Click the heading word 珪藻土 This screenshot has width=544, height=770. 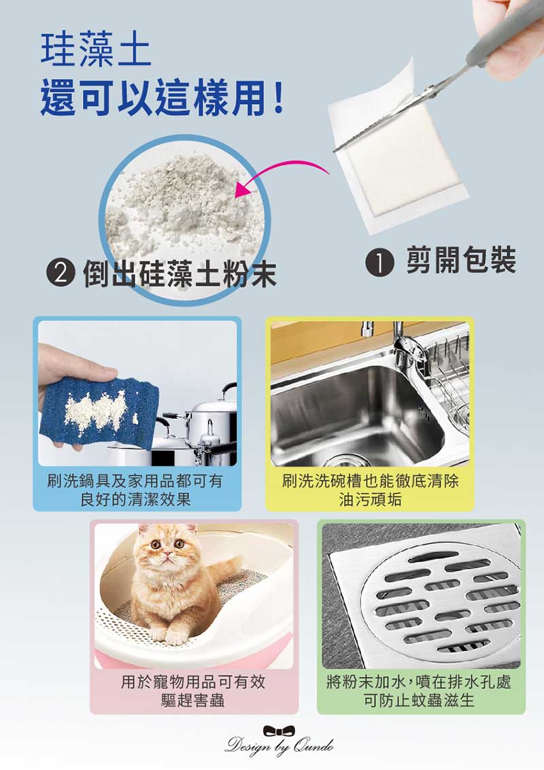96,49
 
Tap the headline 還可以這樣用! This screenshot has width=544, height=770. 162,98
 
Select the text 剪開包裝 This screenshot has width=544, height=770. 461,260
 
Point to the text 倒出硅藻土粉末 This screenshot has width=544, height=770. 180,273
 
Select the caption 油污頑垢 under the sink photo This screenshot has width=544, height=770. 370,499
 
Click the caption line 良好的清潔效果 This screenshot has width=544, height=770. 135,499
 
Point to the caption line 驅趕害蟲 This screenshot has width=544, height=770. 192,700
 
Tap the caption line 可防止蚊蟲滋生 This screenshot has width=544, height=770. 419,700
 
